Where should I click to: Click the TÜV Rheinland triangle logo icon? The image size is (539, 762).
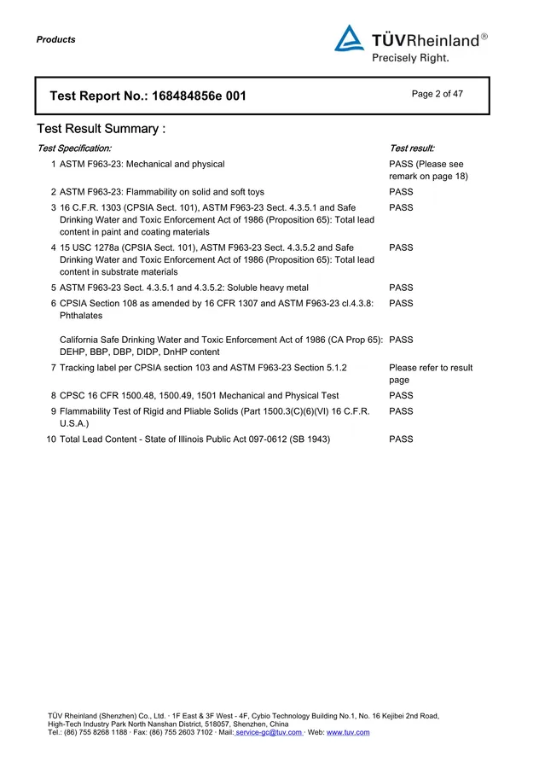pos(349,38)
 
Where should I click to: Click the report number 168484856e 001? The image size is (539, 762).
pos(199,96)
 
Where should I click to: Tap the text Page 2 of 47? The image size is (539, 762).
pos(437,94)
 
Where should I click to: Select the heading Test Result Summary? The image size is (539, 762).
pos(101,129)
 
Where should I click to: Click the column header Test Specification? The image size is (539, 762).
pos(74,148)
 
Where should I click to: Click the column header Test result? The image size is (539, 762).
pos(412,148)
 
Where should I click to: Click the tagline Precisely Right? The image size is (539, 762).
pos(410,58)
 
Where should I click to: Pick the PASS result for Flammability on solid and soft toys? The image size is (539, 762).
pos(401,192)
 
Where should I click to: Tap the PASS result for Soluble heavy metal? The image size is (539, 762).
pos(401,288)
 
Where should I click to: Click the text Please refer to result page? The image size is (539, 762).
pos(430,374)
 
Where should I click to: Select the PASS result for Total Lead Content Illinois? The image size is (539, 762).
pos(401,439)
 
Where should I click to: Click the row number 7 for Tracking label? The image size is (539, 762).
pos(53,368)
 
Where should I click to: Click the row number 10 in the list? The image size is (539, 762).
pos(50,439)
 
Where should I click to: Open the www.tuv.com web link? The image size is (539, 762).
pos(348,732)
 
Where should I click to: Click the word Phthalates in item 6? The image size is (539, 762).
pos(81,315)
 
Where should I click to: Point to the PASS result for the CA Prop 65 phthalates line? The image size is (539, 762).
pos(401,340)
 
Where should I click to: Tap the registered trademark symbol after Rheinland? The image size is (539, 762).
pos(484,37)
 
